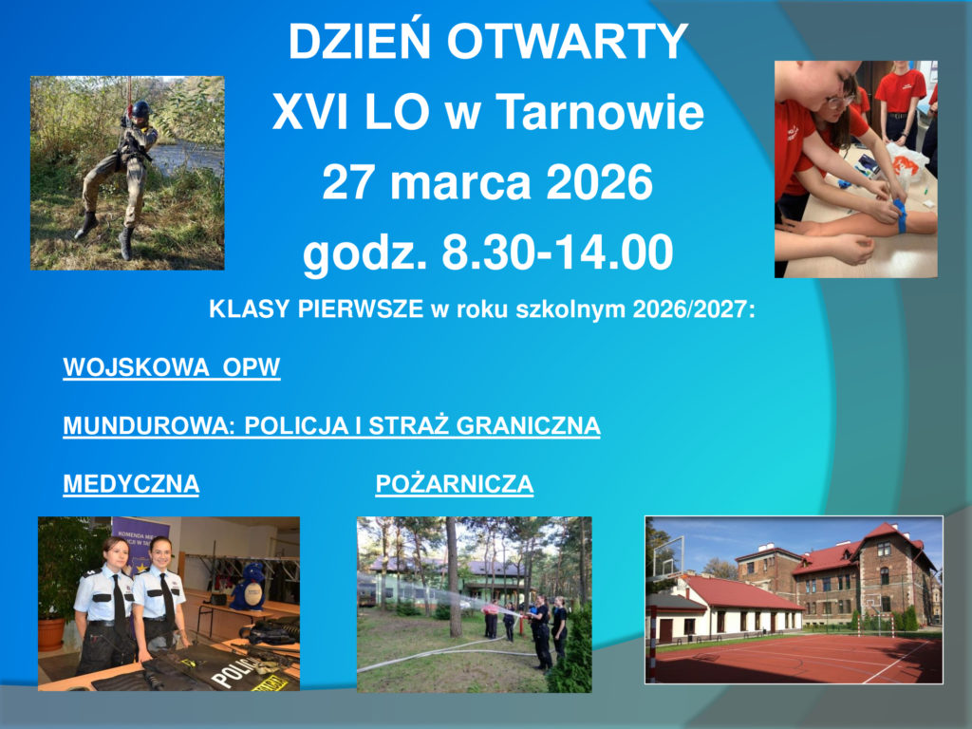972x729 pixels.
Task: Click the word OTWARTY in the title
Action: click(568, 42)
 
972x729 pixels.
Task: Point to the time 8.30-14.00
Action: click(556, 252)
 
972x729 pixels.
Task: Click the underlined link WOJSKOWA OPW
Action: click(172, 367)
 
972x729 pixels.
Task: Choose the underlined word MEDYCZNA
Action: click(131, 484)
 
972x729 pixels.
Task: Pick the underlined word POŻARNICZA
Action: click(455, 484)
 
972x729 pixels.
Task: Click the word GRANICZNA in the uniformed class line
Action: click(528, 426)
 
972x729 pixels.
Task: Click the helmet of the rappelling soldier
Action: click(140, 108)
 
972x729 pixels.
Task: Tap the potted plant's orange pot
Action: click(51, 634)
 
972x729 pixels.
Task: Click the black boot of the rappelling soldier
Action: click(126, 244)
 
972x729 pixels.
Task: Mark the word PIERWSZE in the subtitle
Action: click(361, 308)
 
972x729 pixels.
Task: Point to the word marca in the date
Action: click(460, 184)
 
